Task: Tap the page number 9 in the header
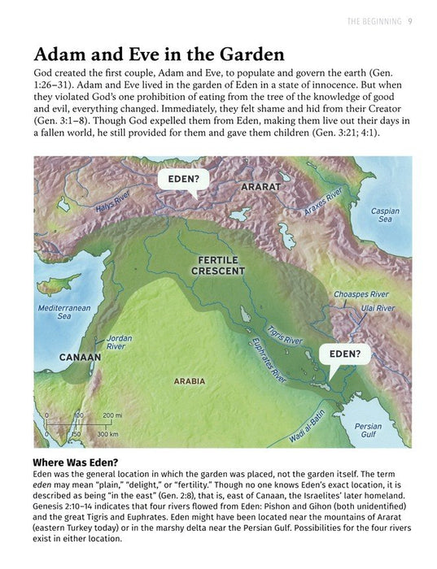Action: tap(411, 20)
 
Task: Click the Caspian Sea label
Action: tap(385, 215)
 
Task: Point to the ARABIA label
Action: tap(190, 380)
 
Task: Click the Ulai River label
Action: tap(375, 309)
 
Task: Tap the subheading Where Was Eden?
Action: tap(86, 463)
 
